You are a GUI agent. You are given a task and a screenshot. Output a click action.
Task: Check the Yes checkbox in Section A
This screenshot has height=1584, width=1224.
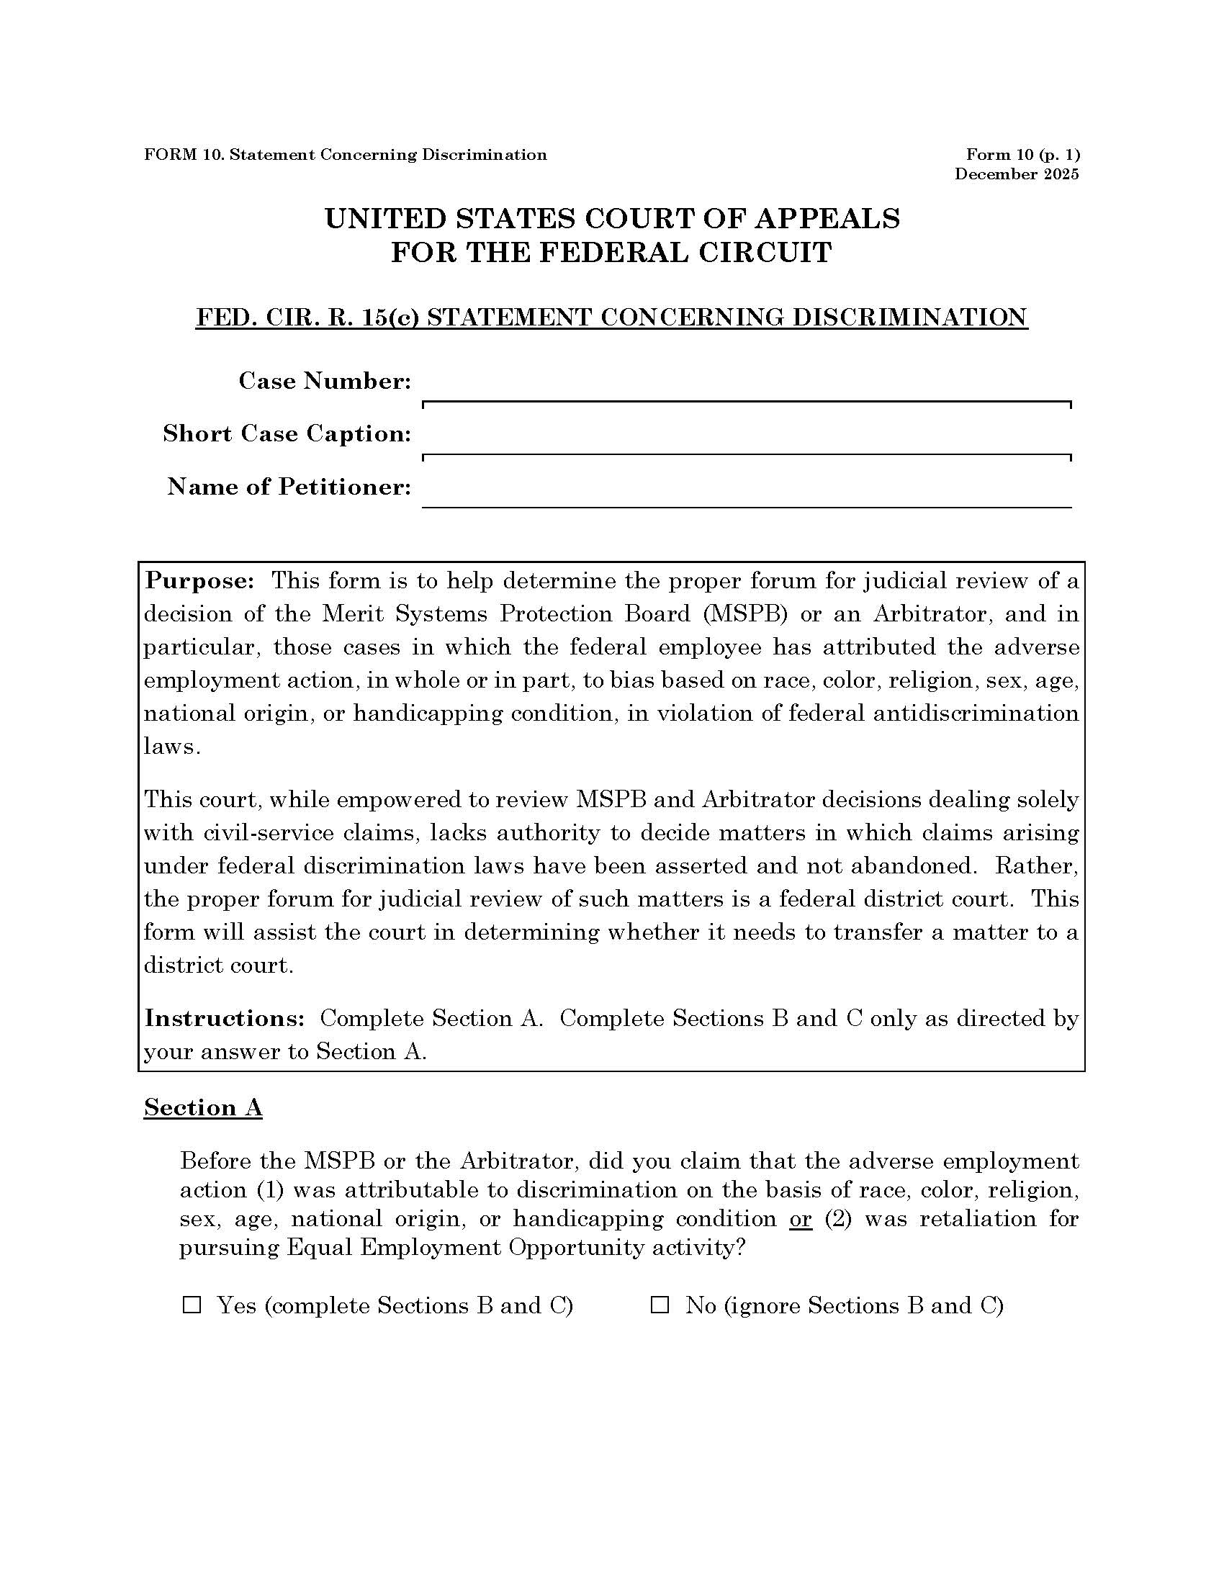[192, 1305]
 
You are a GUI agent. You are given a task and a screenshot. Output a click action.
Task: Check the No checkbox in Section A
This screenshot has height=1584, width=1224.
[659, 1305]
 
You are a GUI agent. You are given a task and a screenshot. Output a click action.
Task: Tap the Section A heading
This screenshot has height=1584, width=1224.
[203, 1107]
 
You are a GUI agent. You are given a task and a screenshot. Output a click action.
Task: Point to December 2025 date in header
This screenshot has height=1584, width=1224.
[1016, 174]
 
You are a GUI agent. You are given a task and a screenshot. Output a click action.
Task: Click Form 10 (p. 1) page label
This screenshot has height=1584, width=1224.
[1022, 155]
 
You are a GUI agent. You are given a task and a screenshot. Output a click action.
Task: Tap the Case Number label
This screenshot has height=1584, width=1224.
[325, 381]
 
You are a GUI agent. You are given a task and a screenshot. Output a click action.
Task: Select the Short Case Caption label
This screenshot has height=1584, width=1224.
[287, 433]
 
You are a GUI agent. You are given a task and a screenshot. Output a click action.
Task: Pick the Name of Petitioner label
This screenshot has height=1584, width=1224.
[289, 487]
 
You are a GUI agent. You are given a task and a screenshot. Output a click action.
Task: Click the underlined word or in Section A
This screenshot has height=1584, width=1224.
[800, 1219]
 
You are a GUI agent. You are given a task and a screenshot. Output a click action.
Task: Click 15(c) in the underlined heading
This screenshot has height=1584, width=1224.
[390, 318]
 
